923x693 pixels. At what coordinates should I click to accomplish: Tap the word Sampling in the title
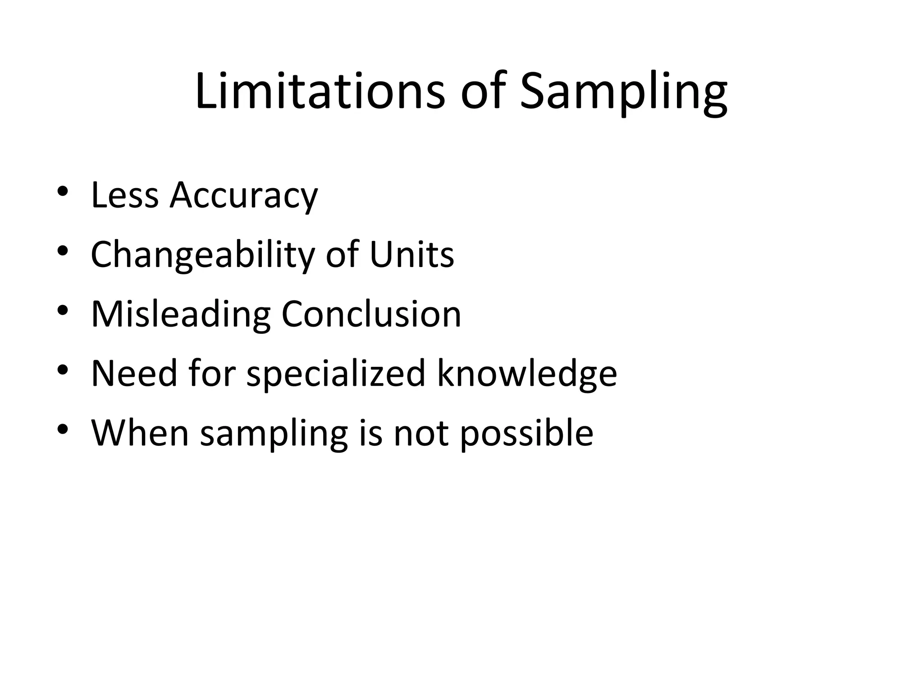[623, 92]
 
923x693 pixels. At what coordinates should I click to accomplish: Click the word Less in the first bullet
[125, 195]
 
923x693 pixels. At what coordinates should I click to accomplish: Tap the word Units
[411, 255]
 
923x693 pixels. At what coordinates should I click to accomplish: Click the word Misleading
[181, 315]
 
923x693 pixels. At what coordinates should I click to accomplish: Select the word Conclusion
[371, 314]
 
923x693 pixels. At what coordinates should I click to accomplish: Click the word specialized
[336, 374]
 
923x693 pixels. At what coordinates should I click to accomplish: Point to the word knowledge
[527, 374]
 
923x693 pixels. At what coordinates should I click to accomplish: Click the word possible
[526, 434]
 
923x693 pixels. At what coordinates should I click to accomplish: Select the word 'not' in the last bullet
[421, 434]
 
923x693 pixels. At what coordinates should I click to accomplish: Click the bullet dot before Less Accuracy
[63, 191]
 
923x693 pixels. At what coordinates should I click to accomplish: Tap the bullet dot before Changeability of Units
[63, 250]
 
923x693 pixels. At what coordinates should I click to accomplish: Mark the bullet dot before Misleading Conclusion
[63, 310]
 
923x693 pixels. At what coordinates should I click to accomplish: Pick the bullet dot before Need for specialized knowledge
[63, 369]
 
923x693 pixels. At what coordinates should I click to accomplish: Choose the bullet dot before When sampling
[63, 429]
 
